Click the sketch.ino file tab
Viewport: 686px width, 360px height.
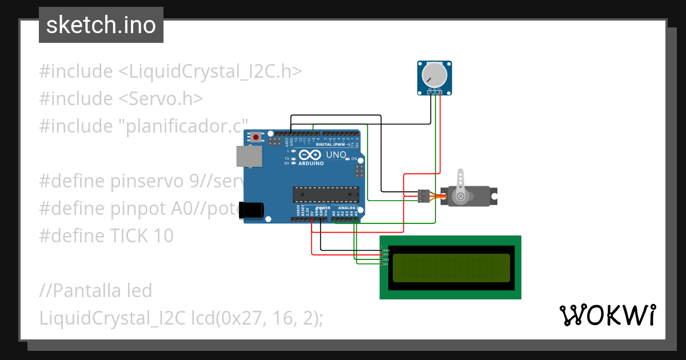(101, 25)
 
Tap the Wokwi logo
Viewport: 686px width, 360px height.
(607, 315)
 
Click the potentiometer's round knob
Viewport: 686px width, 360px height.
(434, 75)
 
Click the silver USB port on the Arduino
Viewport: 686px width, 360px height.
(249, 155)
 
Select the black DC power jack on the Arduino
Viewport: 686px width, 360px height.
(252, 210)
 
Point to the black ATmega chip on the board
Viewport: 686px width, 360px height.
(326, 194)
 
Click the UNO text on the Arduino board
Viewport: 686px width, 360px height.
(336, 155)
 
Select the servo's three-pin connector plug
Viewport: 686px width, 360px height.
(423, 196)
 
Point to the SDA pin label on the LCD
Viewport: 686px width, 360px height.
(385, 259)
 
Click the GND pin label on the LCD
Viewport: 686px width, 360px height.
(385, 250)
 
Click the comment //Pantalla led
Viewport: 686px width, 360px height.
(95, 290)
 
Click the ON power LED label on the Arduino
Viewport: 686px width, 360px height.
(354, 158)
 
